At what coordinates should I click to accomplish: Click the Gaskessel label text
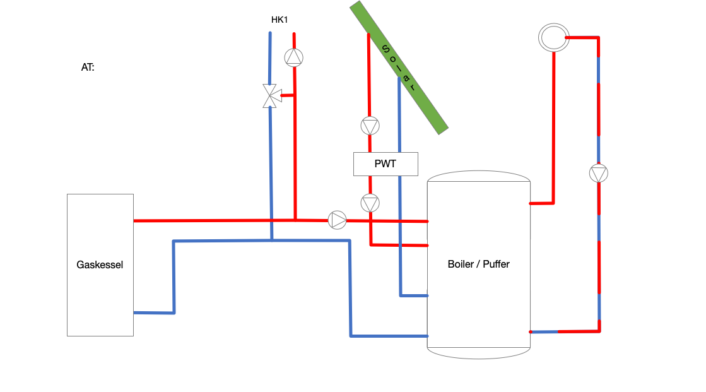[100, 264]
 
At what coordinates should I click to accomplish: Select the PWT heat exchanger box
[385, 164]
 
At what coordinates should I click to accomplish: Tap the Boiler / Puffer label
[478, 264]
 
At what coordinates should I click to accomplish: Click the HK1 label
[279, 20]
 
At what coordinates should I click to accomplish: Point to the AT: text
[88, 67]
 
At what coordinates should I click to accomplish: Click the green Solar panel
[399, 67]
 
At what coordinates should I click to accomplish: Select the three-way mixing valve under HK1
[271, 96]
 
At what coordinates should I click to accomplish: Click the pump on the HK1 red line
[293, 57]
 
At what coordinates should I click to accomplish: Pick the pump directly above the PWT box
[370, 126]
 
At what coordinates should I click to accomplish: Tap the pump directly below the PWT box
[370, 203]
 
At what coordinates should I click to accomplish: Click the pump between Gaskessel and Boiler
[338, 220]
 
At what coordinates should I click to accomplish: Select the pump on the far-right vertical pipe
[599, 173]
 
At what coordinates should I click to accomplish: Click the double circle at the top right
[553, 37]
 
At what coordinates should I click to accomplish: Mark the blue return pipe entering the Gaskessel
[153, 312]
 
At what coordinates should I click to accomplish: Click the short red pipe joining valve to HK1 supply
[288, 95]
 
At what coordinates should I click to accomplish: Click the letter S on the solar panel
[384, 48]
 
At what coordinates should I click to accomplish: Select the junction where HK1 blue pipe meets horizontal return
[271, 240]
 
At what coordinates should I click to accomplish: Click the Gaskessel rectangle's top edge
[100, 194]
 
